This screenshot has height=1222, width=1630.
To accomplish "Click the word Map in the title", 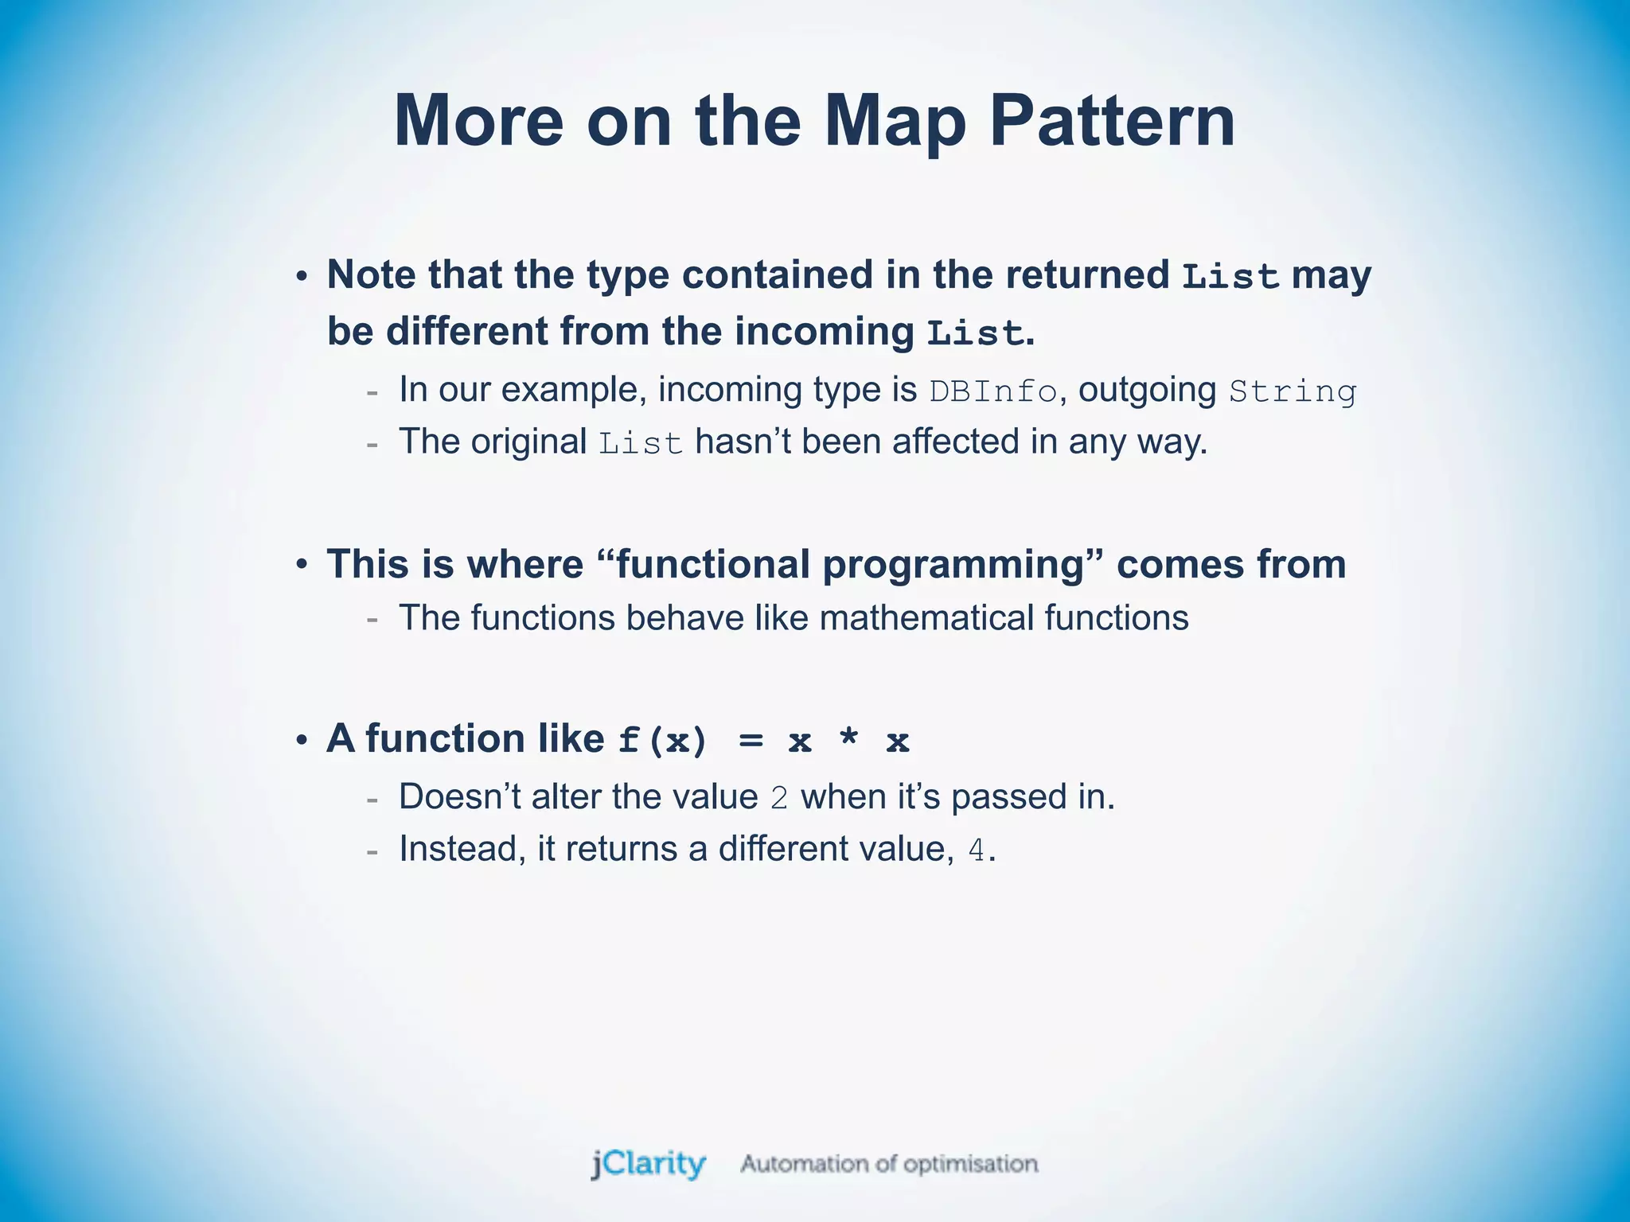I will point(895,121).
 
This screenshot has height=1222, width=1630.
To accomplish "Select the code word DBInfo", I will point(993,391).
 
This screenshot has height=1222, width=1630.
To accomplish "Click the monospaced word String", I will point(1293,391).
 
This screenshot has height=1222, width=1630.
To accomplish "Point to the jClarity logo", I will point(648,1164).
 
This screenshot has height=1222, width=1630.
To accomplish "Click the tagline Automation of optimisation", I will point(889,1164).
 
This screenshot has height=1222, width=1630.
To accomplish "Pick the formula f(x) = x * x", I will point(764,741).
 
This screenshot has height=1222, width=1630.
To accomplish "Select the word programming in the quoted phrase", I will point(953,565).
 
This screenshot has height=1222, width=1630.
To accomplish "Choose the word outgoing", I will point(1147,390).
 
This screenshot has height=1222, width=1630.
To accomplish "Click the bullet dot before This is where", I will point(302,565).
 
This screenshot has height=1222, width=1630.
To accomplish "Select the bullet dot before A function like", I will point(302,740).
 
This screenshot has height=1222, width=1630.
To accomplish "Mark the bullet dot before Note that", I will point(302,276).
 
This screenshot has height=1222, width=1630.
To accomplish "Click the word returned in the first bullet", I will point(1087,274).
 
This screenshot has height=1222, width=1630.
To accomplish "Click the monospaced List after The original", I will point(641,444).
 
